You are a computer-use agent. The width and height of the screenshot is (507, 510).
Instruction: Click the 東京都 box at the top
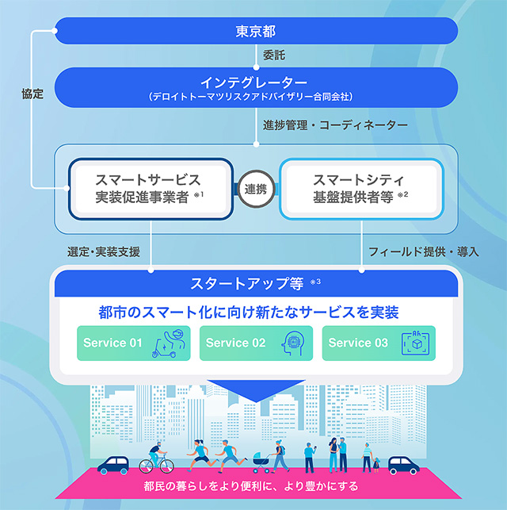coord(255,32)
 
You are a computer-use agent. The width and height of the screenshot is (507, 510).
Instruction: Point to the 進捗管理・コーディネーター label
coord(335,125)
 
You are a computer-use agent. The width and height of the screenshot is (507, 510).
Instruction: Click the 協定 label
coord(32,94)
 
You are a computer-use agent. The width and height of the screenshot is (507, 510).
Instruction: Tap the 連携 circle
coord(255,188)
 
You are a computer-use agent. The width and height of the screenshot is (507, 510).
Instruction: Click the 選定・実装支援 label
coord(104,252)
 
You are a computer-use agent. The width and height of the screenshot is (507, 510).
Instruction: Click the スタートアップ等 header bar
coord(255,282)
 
